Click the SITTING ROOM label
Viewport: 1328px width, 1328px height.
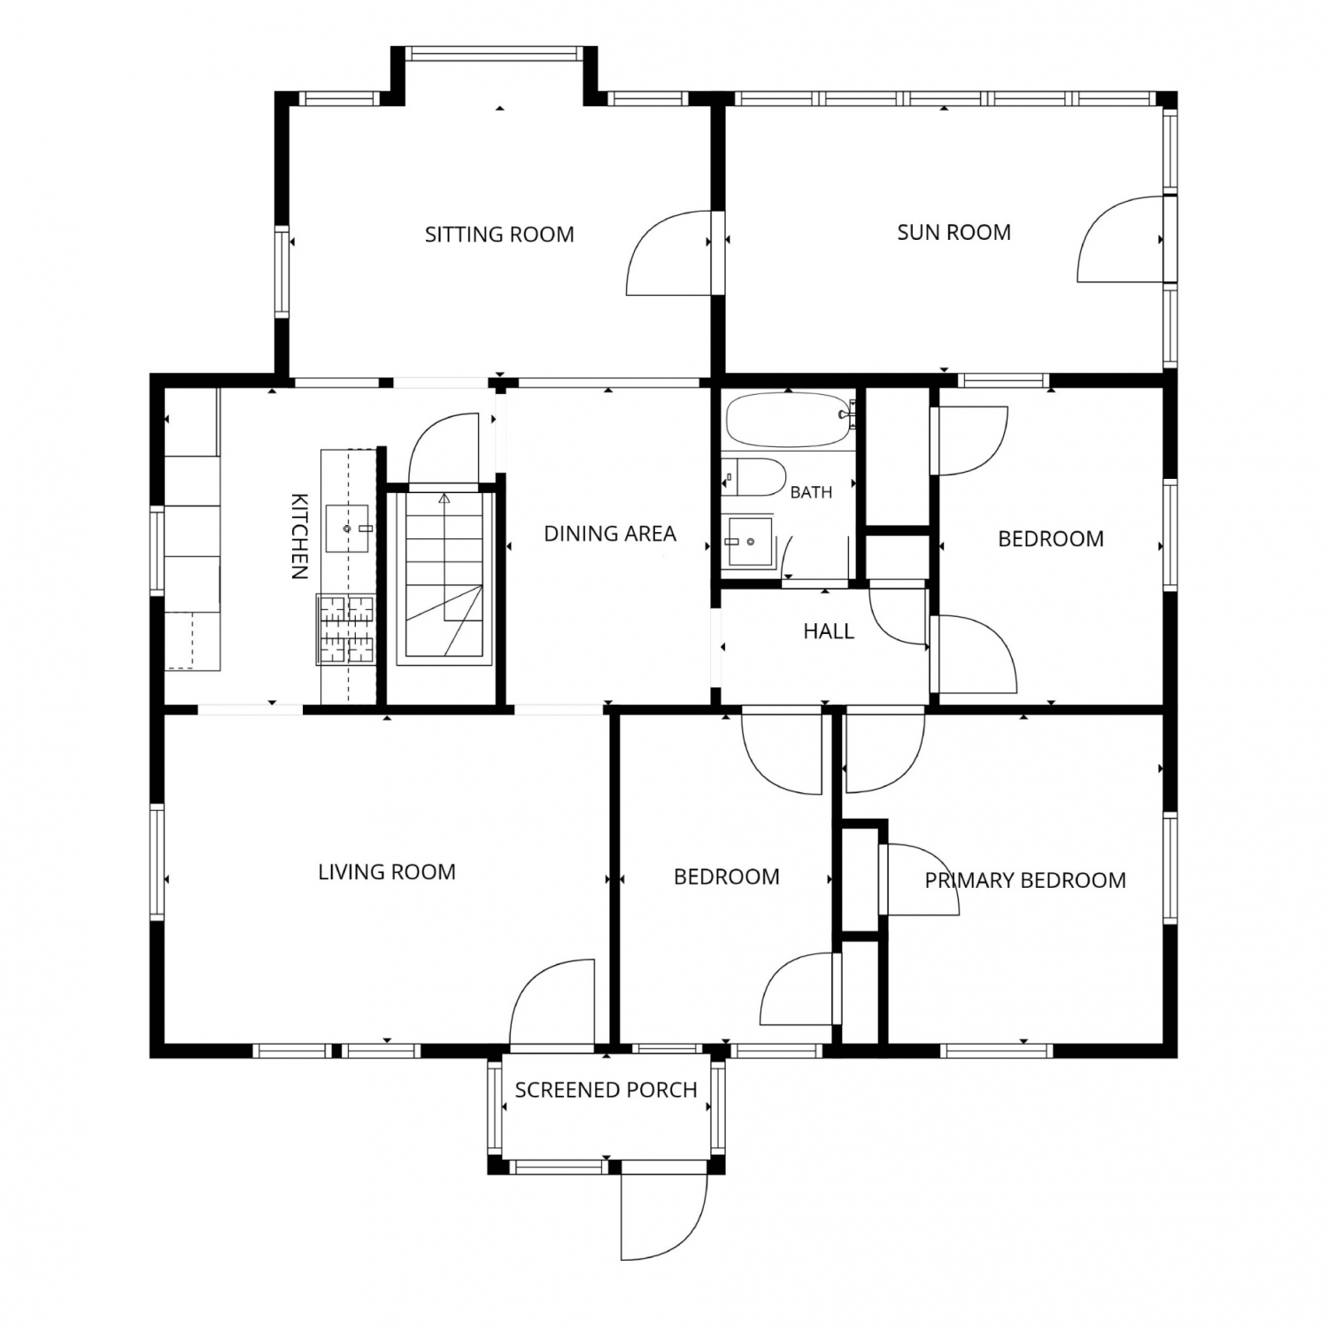[x=499, y=235]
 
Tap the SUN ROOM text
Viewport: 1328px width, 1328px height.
[x=954, y=233]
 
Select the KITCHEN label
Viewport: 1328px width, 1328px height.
[x=299, y=536]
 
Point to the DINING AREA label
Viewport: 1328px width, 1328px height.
[x=610, y=534]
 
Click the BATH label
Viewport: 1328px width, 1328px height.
[x=811, y=492]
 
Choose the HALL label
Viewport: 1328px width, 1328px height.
[x=829, y=631]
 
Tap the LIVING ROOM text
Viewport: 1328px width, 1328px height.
[x=387, y=872]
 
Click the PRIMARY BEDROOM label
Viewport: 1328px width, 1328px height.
[x=1025, y=880]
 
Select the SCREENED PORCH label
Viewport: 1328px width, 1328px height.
[x=606, y=1090]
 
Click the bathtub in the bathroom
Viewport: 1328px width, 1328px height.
[x=791, y=420]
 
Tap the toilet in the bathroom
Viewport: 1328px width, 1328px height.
[x=753, y=477]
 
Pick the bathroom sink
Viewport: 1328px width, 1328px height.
[x=749, y=542]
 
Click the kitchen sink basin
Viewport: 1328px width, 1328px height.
[x=346, y=529]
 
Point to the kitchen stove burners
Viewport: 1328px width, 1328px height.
[x=346, y=629]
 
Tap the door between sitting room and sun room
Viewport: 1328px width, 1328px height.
[x=669, y=252]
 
